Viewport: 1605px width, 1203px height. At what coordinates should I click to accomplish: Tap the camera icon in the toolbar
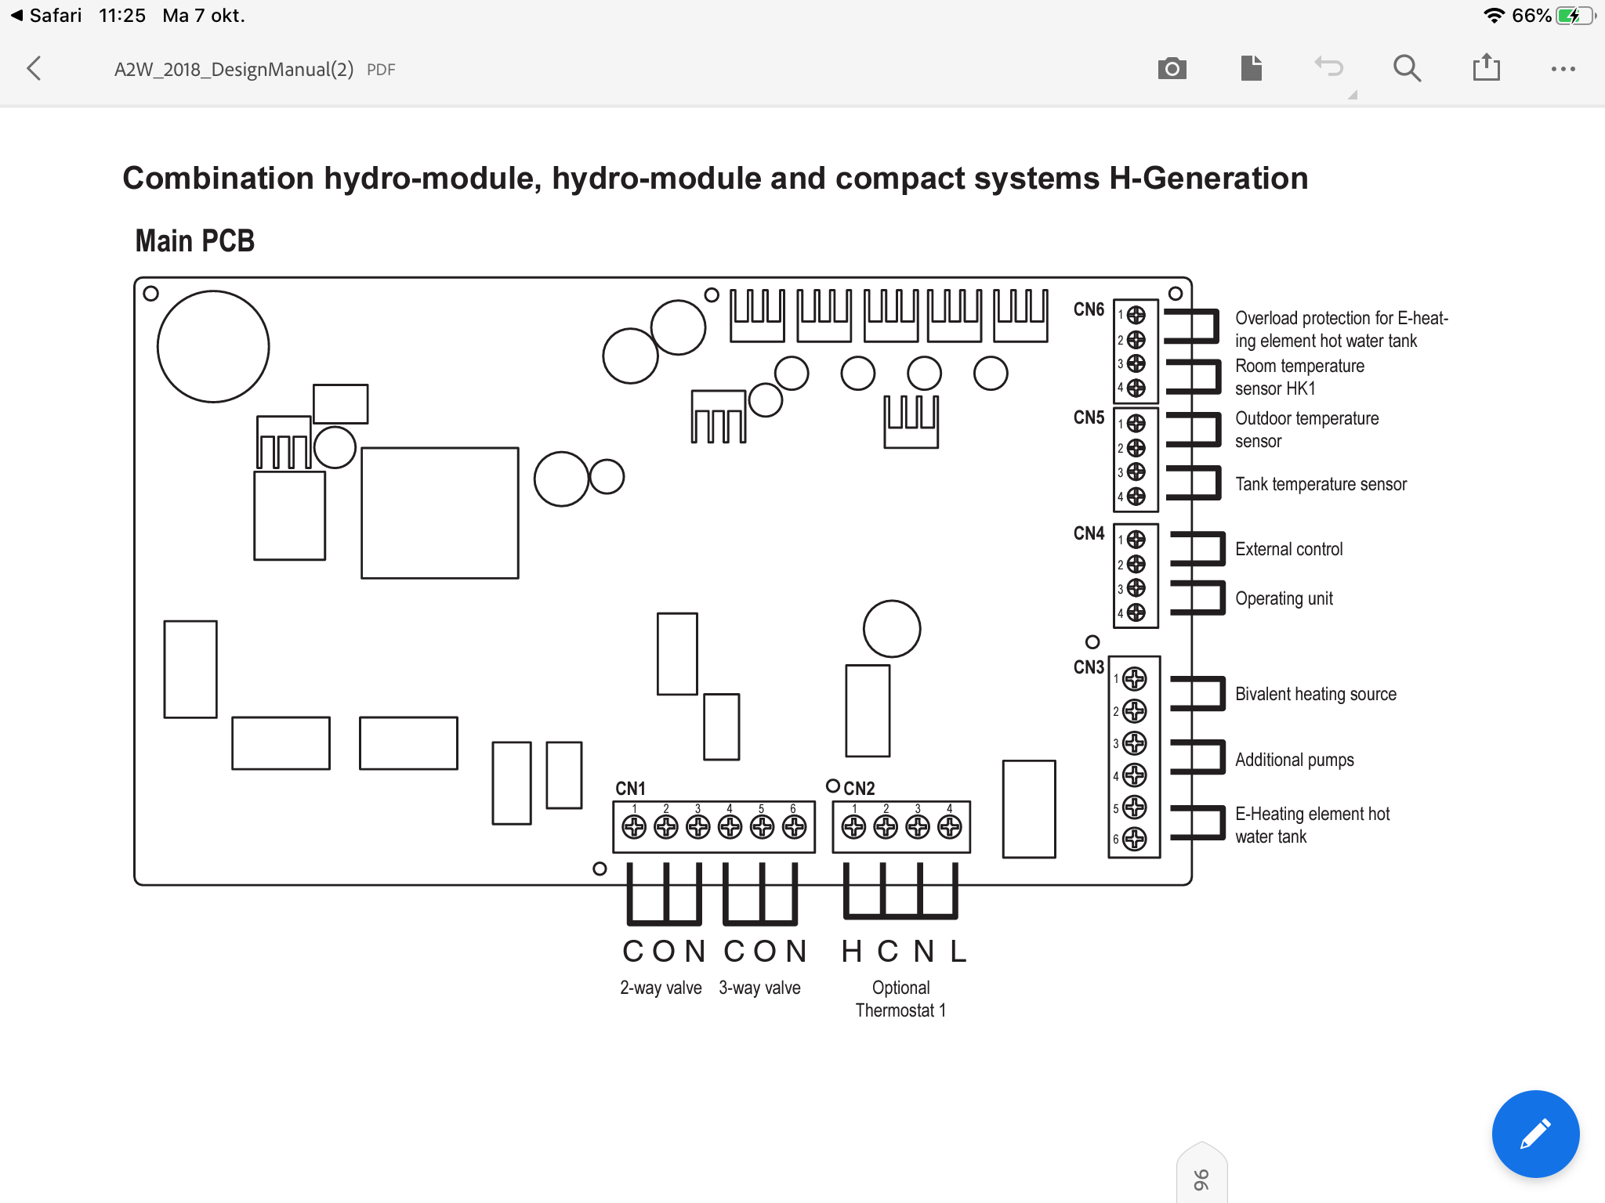point(1172,69)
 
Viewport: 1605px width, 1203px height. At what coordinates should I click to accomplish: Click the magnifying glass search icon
point(1407,69)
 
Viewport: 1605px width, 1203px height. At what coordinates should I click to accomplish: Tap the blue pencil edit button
point(1535,1133)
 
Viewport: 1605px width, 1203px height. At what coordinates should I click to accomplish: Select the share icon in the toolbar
point(1486,68)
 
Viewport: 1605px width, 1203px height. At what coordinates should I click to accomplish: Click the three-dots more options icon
point(1563,69)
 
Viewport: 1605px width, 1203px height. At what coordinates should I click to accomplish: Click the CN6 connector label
point(1089,310)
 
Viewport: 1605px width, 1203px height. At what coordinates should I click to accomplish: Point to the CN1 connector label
point(630,789)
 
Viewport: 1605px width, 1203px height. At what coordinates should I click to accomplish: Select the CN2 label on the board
point(859,789)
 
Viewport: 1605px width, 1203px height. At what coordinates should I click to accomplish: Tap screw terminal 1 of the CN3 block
point(1135,679)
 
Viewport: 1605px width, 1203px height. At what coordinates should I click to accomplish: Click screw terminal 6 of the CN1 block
point(794,826)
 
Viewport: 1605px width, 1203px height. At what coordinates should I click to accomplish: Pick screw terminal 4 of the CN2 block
point(950,826)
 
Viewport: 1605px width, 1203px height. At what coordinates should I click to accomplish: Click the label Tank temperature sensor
point(1321,485)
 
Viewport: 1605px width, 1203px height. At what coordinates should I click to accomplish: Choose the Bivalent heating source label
point(1315,695)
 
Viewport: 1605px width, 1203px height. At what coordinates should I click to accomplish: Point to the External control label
point(1288,550)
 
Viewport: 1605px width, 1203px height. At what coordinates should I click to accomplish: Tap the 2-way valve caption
point(661,988)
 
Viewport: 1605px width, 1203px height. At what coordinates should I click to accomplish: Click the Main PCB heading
point(195,241)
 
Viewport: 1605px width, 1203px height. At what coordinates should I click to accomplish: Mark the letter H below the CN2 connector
point(852,952)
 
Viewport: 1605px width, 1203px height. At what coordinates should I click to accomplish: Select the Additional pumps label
point(1294,760)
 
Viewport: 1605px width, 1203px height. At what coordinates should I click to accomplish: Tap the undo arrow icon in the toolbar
point(1328,68)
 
